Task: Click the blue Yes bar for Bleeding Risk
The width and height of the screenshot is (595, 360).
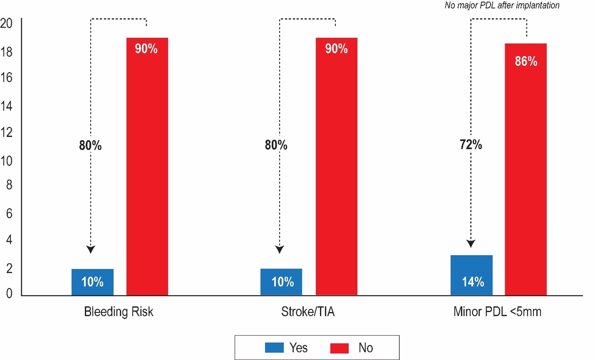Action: pos(92,282)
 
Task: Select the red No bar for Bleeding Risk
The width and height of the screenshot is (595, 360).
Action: pos(147,166)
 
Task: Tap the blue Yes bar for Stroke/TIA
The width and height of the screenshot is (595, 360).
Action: pos(281,282)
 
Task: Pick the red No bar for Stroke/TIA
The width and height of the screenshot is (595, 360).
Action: pos(336,166)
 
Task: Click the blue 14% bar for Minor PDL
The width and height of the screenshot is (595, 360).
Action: pos(471,275)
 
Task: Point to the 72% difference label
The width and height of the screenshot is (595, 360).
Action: pos(471,145)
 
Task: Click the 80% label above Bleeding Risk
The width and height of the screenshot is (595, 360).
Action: pos(90,145)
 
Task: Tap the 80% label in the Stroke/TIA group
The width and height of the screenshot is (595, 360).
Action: pos(276,145)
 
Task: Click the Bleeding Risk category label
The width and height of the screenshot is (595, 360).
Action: pos(118,312)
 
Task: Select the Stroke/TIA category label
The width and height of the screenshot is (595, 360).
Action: pos(308,312)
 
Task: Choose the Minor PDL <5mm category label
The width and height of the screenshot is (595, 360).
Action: pos(497,312)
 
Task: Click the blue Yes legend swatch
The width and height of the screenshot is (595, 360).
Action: pos(274,347)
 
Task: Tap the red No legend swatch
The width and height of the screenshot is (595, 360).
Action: pos(339,348)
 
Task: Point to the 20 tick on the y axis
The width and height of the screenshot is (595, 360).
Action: pos(6,23)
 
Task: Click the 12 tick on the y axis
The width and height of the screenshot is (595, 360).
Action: pos(6,132)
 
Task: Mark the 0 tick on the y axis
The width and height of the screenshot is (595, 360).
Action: pos(9,293)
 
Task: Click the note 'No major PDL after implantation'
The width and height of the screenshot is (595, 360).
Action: pos(502,5)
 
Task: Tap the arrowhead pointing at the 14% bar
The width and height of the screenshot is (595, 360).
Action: pos(471,243)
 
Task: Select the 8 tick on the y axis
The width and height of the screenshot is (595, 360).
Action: pos(9,185)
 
